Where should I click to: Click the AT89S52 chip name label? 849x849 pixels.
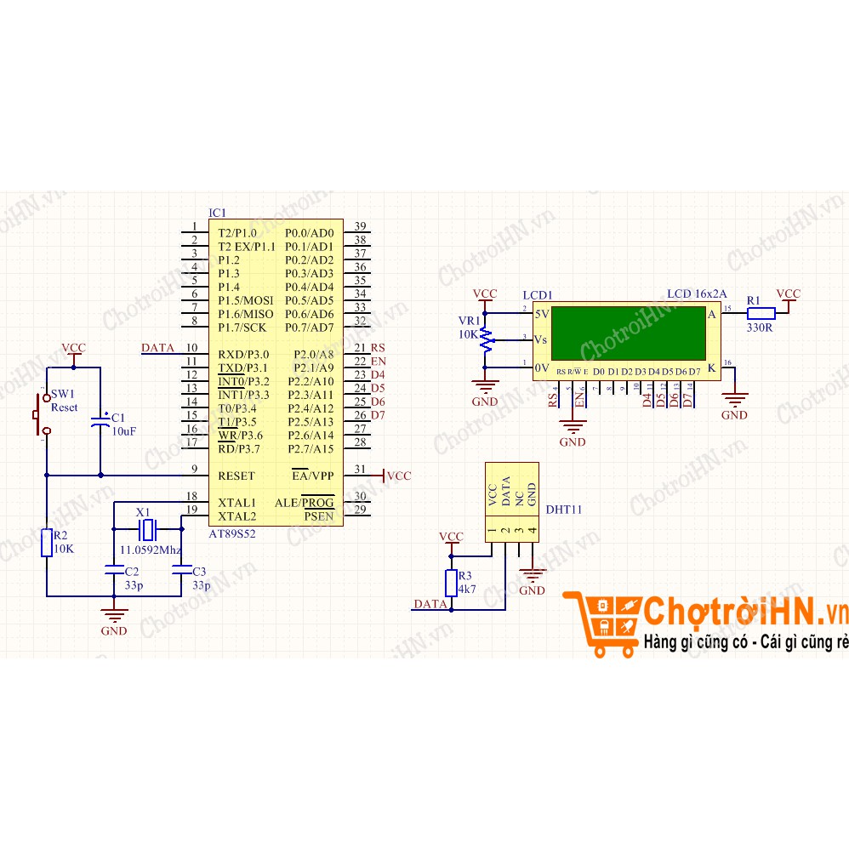232,533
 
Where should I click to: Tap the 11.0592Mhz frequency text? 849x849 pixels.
150,550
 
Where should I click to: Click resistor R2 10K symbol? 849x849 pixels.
47,542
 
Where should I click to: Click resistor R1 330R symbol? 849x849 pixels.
761,312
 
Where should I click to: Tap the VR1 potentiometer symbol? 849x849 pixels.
486,339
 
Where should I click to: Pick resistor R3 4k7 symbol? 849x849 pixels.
452,583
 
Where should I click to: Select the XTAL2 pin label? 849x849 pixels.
236,516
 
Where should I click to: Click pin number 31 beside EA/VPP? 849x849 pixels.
360,470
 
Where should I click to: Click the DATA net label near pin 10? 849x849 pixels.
157,348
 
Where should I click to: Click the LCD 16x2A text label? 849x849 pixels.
697,293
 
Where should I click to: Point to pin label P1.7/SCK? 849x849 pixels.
242,328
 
